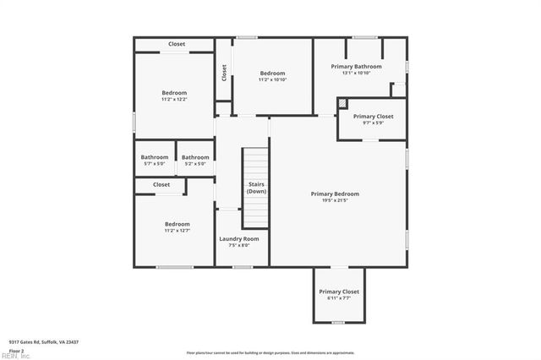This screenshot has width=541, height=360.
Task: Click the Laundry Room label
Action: (x=239, y=239)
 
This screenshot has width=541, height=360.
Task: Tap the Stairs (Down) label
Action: (x=256, y=188)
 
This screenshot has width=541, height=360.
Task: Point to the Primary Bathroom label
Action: (x=356, y=67)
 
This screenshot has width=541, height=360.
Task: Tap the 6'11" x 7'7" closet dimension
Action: (x=338, y=298)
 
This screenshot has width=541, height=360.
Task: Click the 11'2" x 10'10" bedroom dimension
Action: (x=272, y=80)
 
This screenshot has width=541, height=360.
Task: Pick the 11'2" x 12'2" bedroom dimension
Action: (x=174, y=100)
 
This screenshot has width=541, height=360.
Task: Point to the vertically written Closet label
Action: (x=224, y=74)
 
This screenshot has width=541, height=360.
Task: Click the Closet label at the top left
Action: (x=177, y=44)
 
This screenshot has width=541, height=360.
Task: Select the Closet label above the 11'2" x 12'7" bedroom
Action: (x=161, y=184)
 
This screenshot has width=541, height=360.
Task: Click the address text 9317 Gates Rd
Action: (x=44, y=341)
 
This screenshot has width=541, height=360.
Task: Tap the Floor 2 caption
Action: (x=17, y=350)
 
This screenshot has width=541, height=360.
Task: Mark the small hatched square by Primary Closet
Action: (x=342, y=103)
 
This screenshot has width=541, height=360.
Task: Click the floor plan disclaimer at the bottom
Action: (x=270, y=352)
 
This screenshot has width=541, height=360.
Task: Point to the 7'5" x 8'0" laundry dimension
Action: (x=239, y=246)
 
